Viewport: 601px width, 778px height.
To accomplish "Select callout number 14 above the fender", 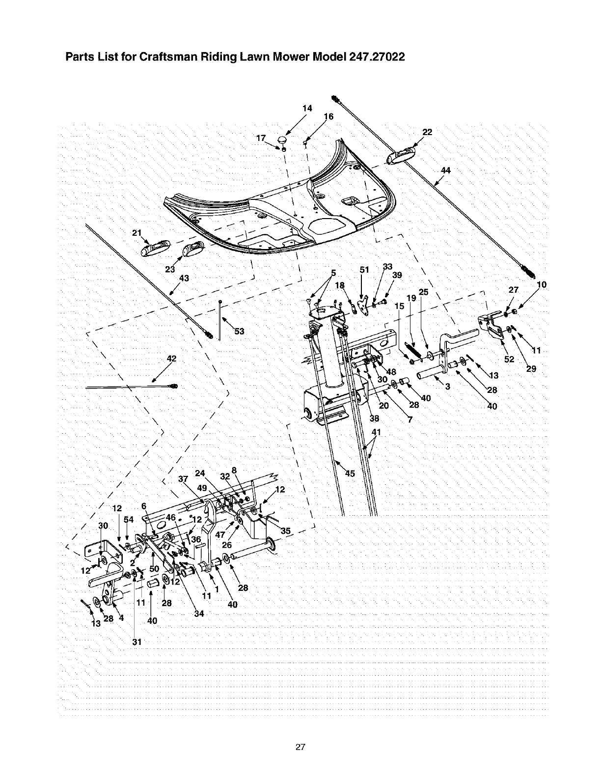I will (307, 108).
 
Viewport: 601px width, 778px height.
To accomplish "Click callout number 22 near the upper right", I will (427, 132).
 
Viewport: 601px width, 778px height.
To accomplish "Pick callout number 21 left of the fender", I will (137, 233).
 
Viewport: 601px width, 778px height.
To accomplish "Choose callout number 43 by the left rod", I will (184, 278).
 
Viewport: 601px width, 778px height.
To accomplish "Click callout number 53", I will (239, 332).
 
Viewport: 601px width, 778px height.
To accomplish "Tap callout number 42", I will (171, 359).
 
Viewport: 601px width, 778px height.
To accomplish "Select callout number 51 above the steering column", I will (364, 269).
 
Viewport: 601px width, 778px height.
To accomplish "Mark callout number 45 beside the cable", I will (350, 473).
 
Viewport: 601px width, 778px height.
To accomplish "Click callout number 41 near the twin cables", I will (377, 432).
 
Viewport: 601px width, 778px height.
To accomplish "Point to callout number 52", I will (509, 360).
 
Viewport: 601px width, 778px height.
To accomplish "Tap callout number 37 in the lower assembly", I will (184, 479).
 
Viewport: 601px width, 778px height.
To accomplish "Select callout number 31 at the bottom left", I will (137, 642).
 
